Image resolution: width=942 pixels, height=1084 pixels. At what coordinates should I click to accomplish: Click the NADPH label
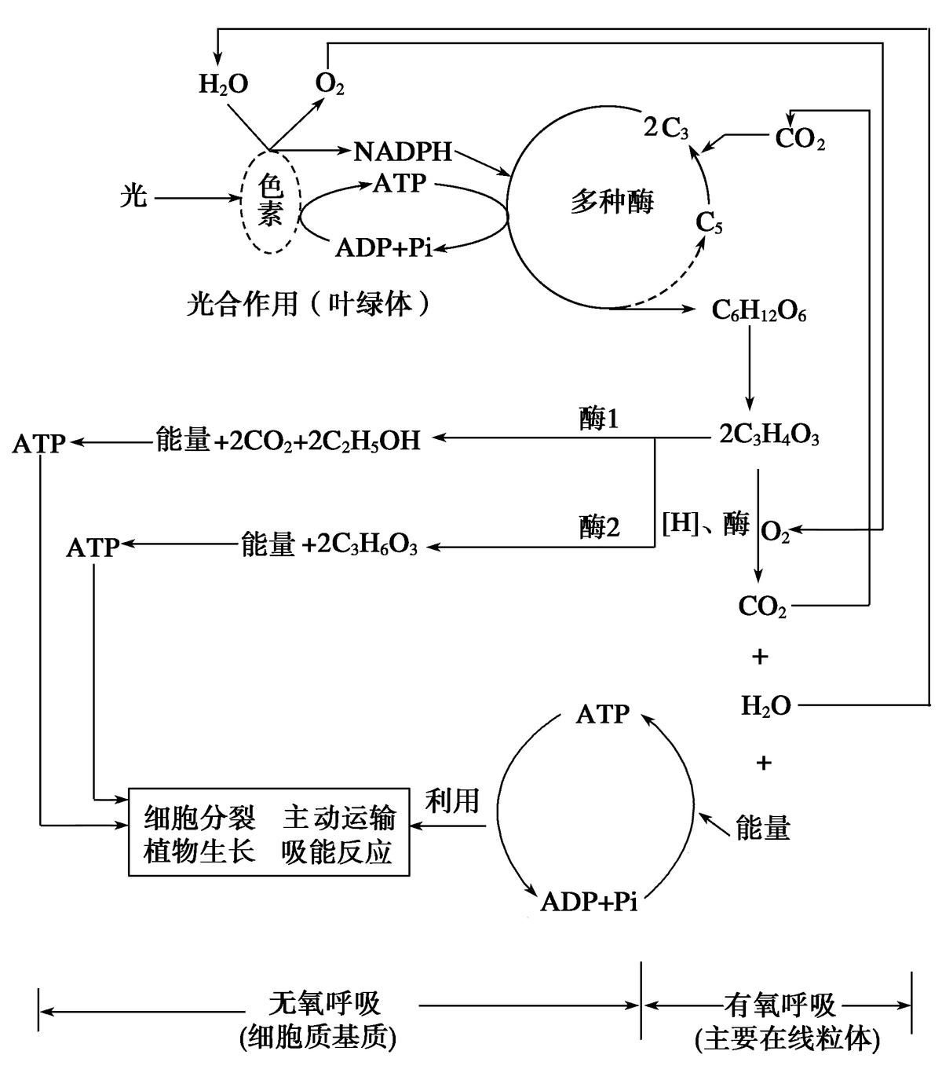click(x=403, y=151)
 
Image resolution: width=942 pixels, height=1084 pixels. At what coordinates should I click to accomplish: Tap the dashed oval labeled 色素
click(x=270, y=201)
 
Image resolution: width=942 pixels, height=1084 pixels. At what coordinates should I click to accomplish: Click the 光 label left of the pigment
click(x=133, y=196)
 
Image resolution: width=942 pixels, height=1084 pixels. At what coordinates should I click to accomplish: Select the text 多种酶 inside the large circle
click(x=612, y=203)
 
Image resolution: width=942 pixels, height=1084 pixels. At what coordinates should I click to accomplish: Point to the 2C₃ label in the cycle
click(x=666, y=129)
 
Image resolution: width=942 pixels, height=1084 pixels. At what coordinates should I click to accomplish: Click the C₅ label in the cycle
click(x=709, y=224)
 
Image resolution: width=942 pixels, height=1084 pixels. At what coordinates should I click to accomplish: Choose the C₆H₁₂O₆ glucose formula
click(x=758, y=312)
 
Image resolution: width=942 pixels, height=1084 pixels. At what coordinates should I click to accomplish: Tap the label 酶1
click(x=599, y=420)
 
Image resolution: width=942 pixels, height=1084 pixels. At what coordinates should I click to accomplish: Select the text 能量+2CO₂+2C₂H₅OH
click(x=288, y=441)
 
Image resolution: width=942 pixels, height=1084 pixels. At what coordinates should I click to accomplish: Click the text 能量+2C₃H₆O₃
click(x=329, y=545)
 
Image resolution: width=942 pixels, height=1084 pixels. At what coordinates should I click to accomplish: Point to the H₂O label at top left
click(x=223, y=84)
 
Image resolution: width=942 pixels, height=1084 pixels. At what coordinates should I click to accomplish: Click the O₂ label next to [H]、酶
click(x=776, y=533)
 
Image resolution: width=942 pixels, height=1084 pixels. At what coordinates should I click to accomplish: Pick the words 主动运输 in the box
click(x=339, y=818)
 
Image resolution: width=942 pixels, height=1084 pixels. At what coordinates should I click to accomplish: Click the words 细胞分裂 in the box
click(x=199, y=818)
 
